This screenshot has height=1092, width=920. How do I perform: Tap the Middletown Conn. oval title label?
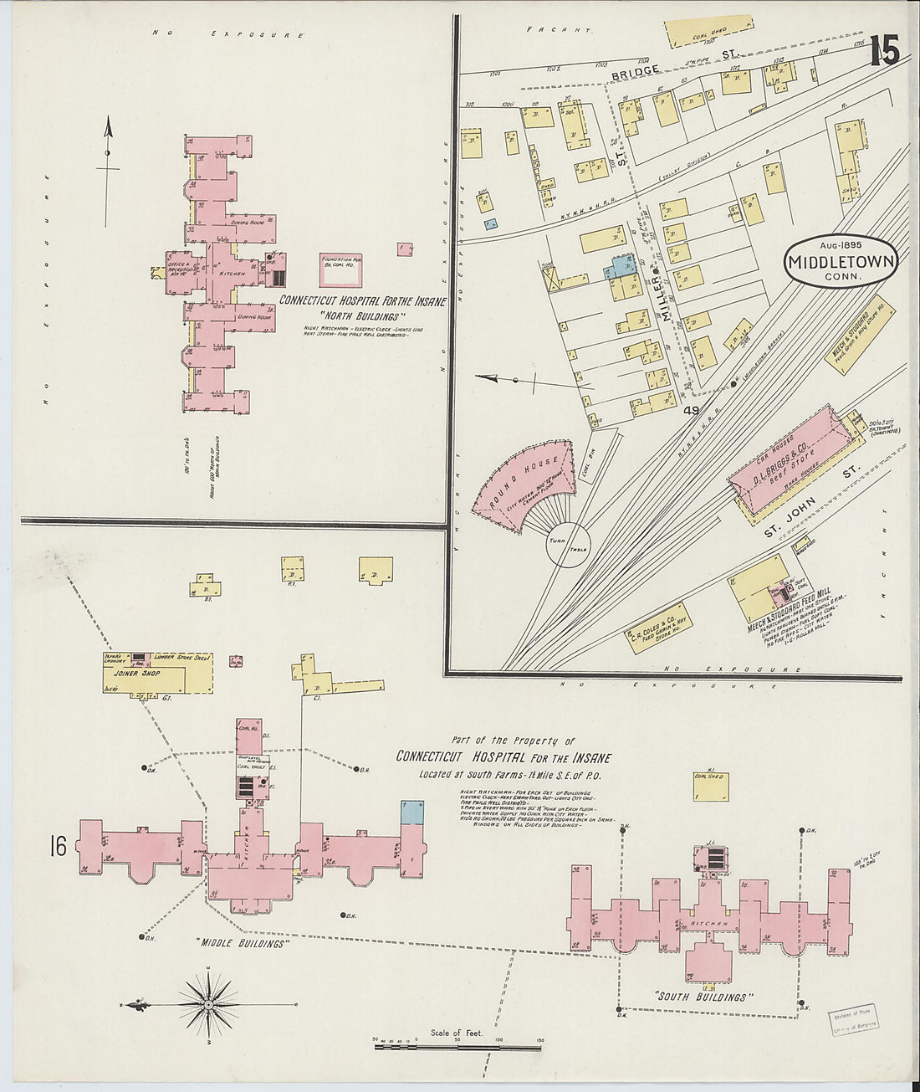coord(841,262)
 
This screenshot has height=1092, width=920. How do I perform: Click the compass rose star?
coord(207,1002)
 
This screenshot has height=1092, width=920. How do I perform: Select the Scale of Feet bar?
coord(457,1046)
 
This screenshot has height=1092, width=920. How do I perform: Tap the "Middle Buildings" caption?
coord(243,943)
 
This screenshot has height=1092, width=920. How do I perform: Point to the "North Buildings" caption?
coord(361,316)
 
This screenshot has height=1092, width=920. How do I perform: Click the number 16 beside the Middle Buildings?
coord(58,847)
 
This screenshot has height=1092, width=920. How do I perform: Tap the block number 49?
coord(690,410)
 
